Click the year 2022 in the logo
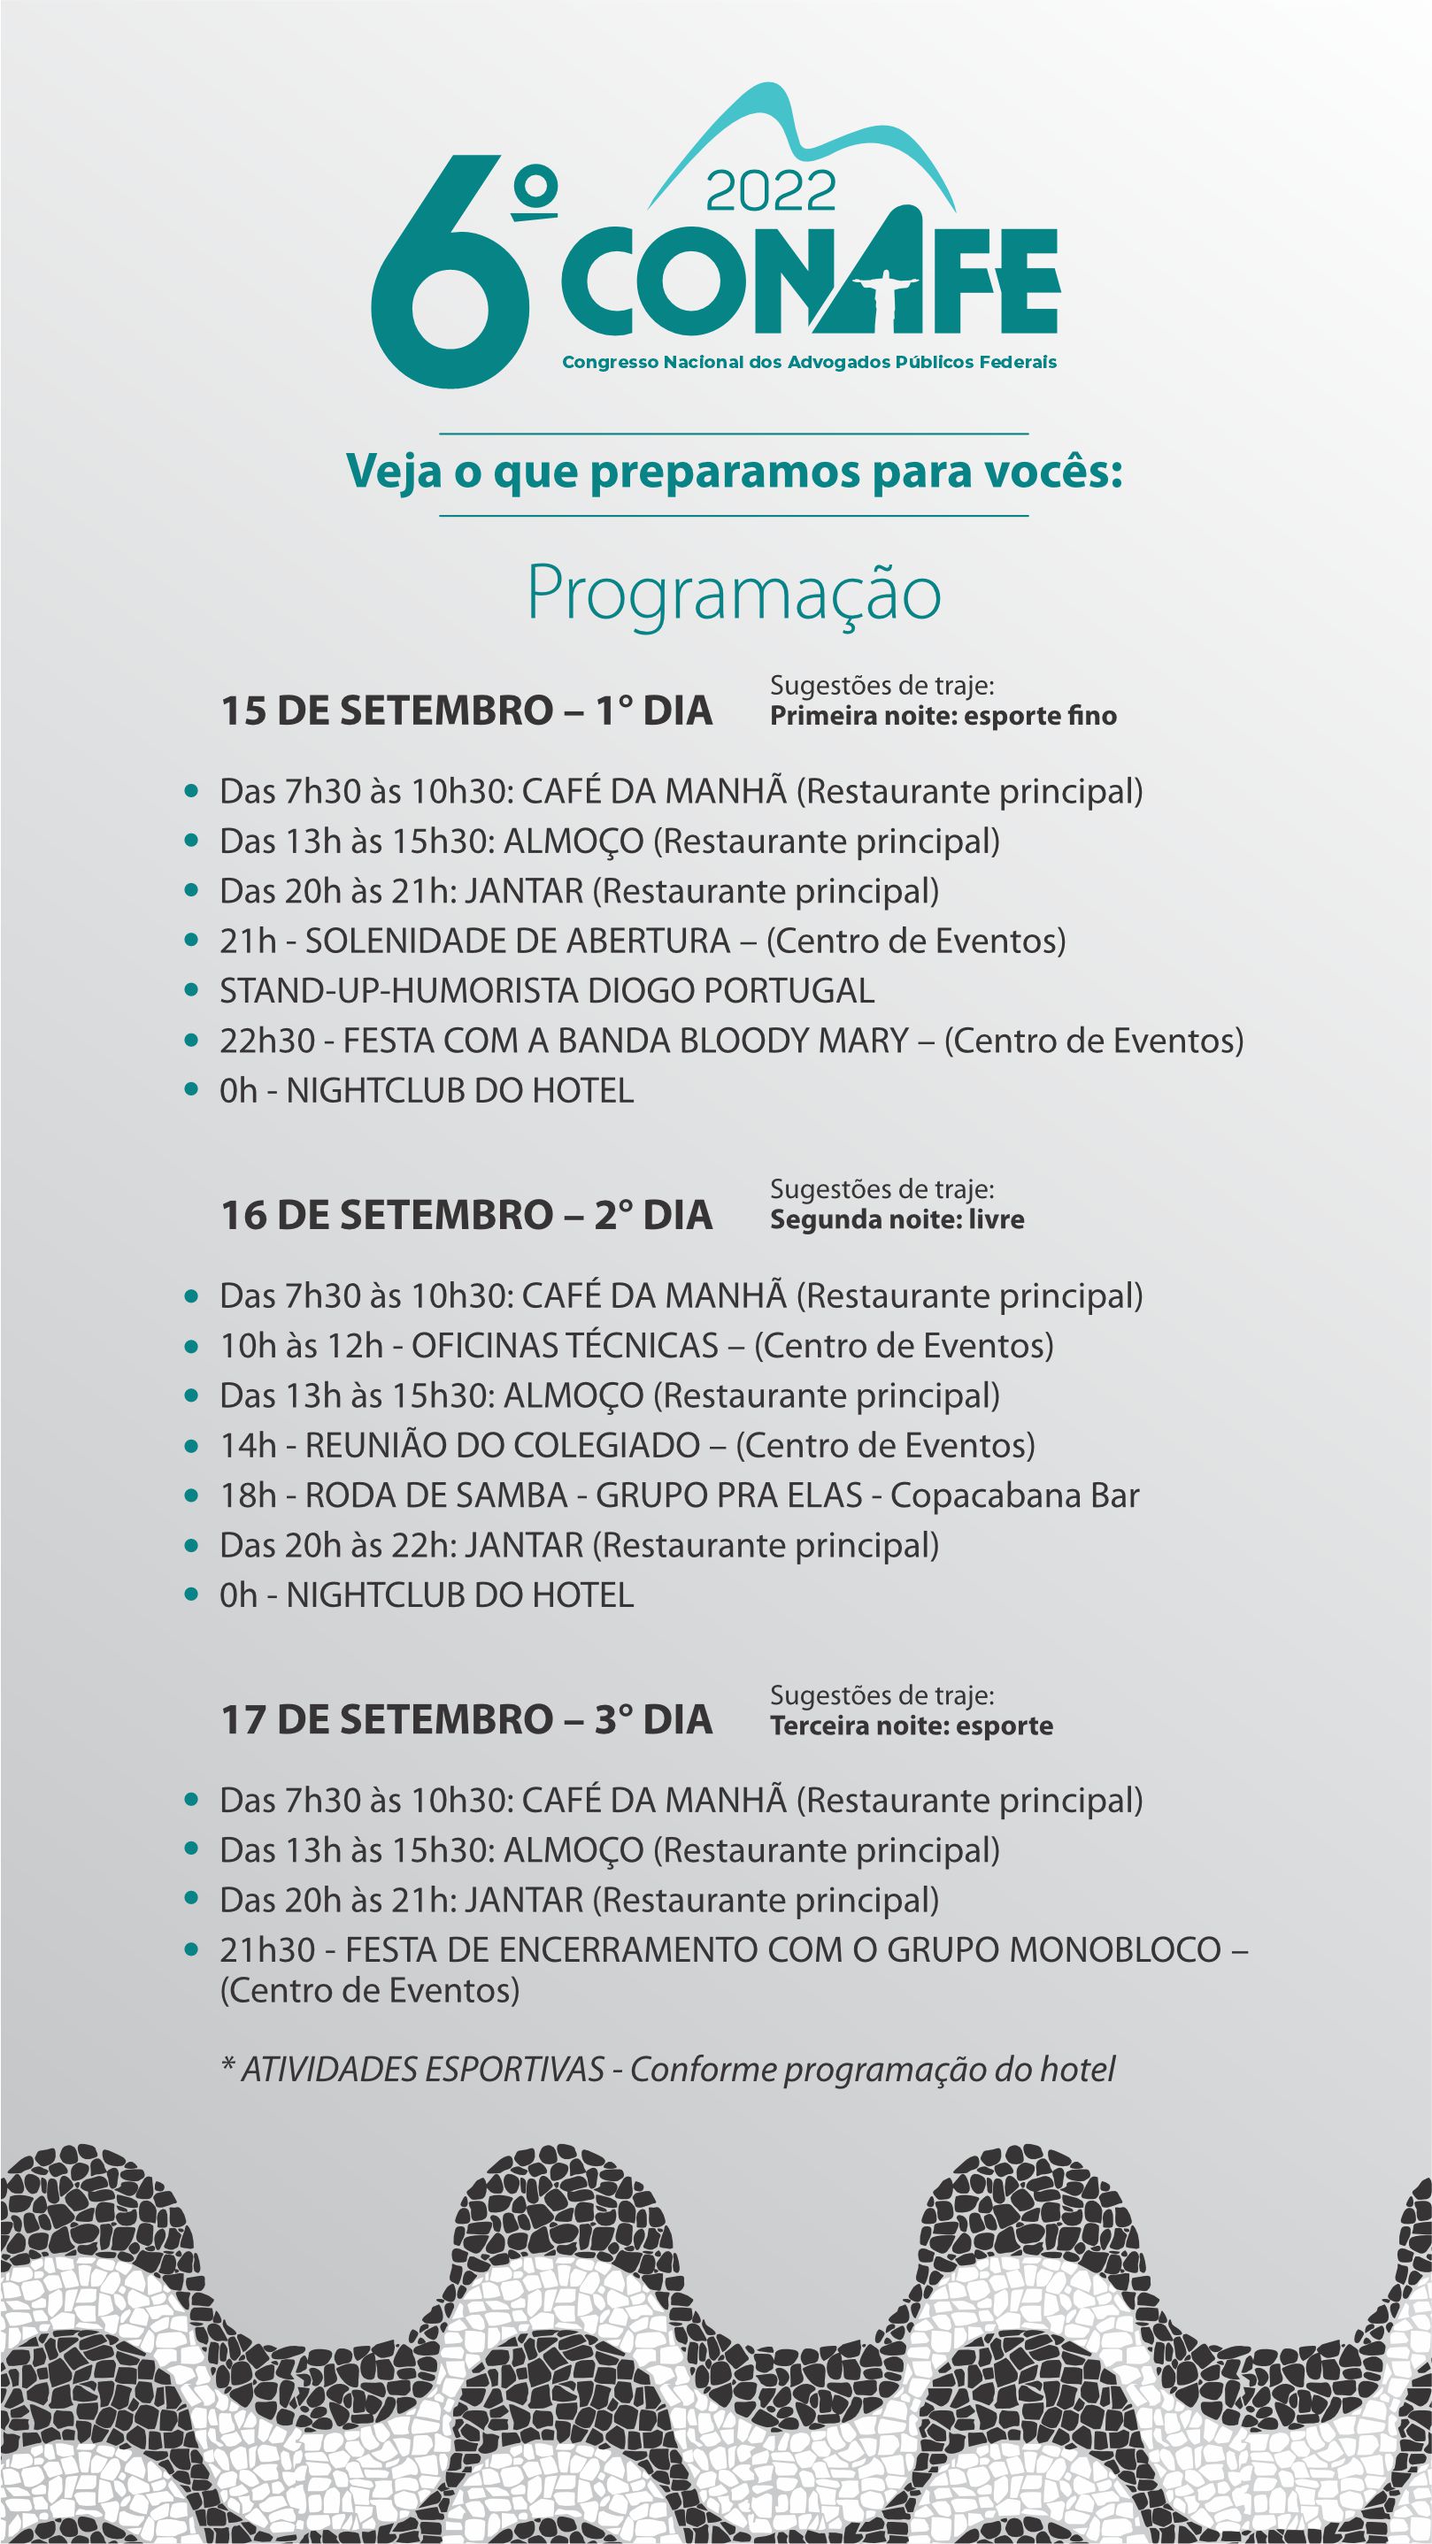pyautogui.click(x=770, y=192)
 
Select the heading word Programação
pyautogui.click(x=733, y=593)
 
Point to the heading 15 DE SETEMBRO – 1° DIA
pyautogui.click(x=466, y=711)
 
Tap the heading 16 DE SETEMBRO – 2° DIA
pyautogui.click(x=466, y=1215)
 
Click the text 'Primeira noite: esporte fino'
pyautogui.click(x=943, y=716)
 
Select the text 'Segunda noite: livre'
pyautogui.click(x=897, y=1219)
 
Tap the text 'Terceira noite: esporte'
pyautogui.click(x=912, y=1725)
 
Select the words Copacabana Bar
pyautogui.click(x=1014, y=1495)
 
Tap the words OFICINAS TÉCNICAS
pyautogui.click(x=565, y=1346)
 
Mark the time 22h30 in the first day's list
pyautogui.click(x=266, y=1041)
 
